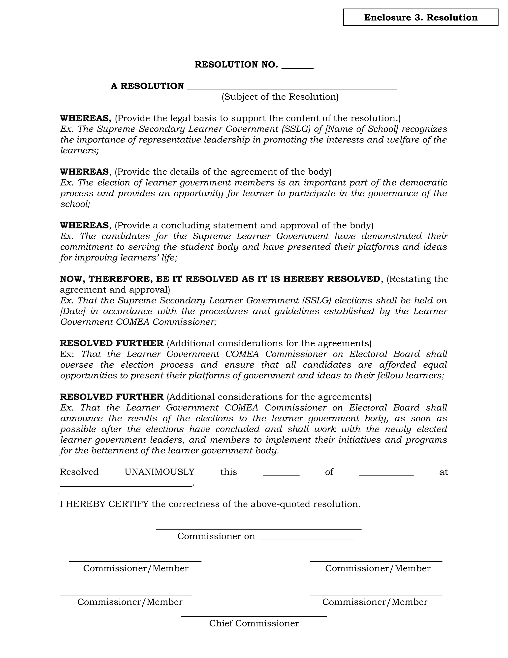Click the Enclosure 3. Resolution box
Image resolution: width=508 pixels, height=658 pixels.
click(x=420, y=17)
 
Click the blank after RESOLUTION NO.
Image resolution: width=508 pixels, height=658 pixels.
click(x=297, y=67)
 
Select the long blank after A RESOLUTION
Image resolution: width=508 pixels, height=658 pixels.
click(x=292, y=88)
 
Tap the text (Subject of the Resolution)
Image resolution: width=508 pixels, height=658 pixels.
click(x=280, y=97)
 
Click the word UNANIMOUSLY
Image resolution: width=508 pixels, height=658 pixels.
click(x=159, y=472)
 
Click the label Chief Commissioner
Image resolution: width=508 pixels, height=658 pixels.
click(x=254, y=623)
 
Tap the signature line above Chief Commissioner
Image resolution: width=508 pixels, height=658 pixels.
click(x=254, y=616)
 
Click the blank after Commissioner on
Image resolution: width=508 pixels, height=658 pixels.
click(x=306, y=539)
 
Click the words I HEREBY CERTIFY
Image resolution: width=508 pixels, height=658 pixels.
click(x=104, y=504)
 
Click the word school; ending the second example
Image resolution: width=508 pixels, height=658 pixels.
click(x=75, y=204)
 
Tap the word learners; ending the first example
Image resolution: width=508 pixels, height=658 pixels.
click(x=79, y=150)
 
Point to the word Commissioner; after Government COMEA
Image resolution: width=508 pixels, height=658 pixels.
click(x=185, y=322)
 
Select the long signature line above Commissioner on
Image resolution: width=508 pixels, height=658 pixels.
click(x=258, y=529)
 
